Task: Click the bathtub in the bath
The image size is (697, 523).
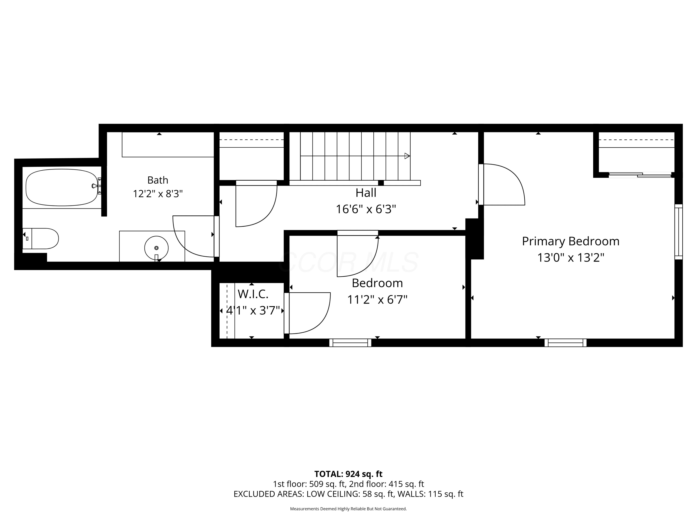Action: [x=62, y=187]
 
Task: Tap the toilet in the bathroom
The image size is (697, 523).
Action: [x=41, y=239]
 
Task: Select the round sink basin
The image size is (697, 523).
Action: [x=156, y=248]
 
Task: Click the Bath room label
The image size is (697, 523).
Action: [x=158, y=180]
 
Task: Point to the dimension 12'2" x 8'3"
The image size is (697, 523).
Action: [x=158, y=194]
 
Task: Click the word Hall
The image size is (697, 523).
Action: [x=366, y=193]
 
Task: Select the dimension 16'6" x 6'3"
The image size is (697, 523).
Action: [x=366, y=209]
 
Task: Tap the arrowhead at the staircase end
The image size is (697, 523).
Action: [x=407, y=156]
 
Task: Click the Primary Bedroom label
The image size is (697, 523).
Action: [x=571, y=242]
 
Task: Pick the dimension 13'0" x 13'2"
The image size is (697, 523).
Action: [x=571, y=258]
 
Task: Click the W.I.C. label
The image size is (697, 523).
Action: [x=253, y=294]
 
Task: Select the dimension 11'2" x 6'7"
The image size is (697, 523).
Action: [x=377, y=299]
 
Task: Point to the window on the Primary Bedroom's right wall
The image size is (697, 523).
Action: [x=679, y=232]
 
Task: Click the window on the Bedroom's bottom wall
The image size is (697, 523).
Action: [x=350, y=343]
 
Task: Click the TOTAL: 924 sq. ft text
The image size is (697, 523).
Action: [x=348, y=474]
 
